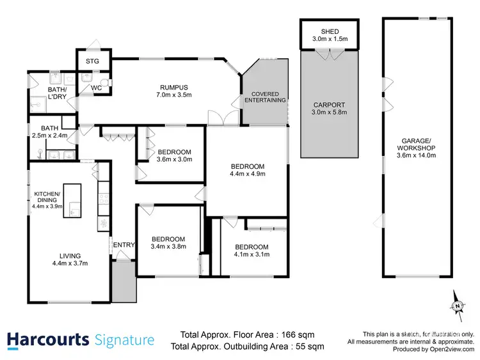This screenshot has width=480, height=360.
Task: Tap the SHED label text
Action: [330, 32]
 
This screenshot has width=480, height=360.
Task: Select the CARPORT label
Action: [330, 105]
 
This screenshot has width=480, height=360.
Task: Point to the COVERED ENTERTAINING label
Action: [264, 98]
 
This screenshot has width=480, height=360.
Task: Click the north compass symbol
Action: [458, 303]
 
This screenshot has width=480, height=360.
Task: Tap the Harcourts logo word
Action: [48, 340]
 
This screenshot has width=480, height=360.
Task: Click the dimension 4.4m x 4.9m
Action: [248, 173]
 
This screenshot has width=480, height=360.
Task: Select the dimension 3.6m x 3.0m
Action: [175, 160]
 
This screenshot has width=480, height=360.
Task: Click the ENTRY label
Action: [123, 245]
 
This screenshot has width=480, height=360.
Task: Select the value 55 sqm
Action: [310, 346]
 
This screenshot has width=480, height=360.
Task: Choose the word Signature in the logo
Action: [124, 340]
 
